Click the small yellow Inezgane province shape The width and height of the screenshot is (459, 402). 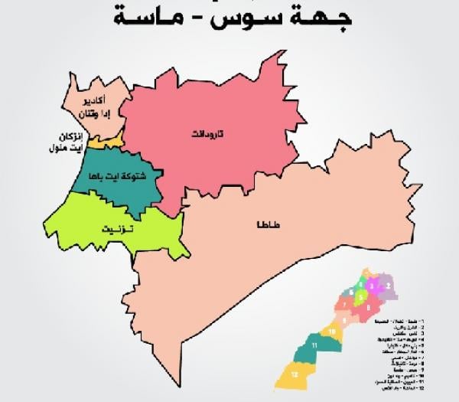click(105, 142)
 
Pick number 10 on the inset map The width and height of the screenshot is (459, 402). click(333, 332)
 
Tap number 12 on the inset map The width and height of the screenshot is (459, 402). click(294, 375)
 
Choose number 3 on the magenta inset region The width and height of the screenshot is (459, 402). click(372, 286)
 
